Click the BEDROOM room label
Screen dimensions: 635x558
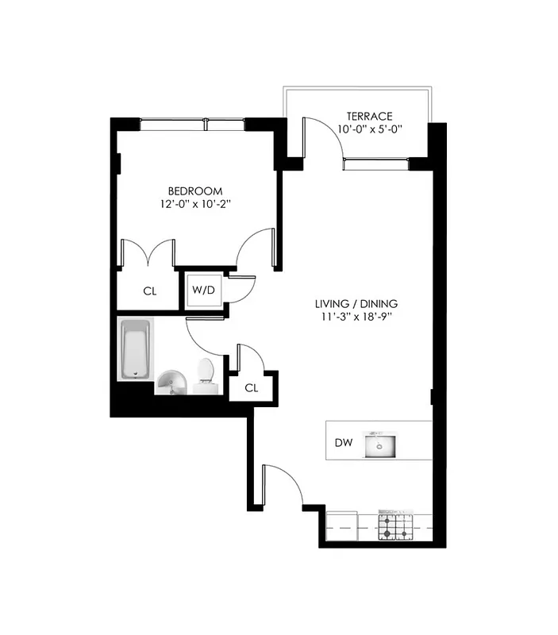click(194, 190)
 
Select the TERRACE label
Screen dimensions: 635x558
click(364, 116)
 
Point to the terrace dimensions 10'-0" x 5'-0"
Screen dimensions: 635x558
click(364, 129)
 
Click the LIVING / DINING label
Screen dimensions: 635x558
click(356, 303)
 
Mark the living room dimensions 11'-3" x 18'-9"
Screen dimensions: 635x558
click(356, 317)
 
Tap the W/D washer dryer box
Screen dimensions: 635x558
click(203, 290)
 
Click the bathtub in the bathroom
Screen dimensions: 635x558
click(135, 349)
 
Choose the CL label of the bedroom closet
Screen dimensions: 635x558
click(149, 291)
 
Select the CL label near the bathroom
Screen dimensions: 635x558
click(252, 387)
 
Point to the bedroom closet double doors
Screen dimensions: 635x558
click(148, 252)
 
